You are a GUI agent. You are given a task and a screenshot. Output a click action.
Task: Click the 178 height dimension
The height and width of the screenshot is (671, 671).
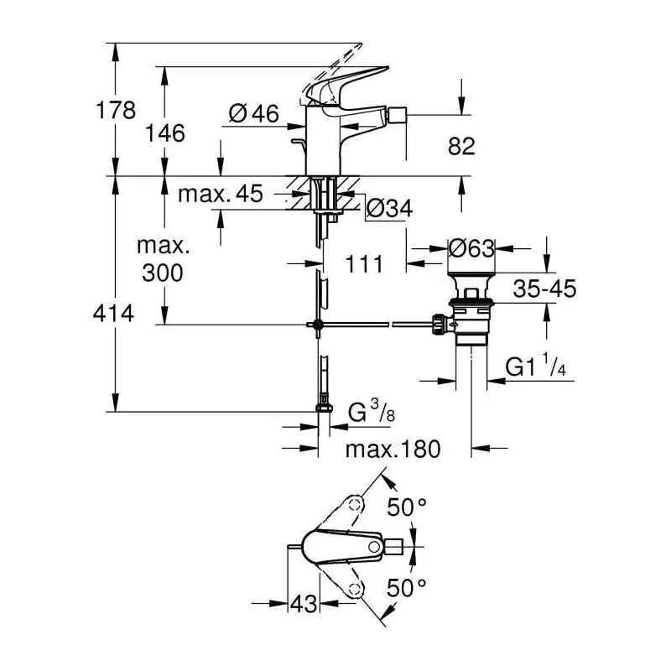point(116,110)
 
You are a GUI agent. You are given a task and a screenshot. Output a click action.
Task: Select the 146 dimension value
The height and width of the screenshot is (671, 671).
point(164,133)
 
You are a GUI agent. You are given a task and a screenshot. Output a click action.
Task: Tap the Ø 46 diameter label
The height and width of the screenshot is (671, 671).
point(253,114)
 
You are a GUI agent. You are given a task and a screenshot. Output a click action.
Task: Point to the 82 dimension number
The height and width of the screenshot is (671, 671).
point(461,146)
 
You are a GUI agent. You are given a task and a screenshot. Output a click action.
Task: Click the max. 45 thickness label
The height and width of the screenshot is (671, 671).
point(220,194)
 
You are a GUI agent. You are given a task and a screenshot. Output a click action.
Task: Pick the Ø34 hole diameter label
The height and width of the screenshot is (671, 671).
point(389,209)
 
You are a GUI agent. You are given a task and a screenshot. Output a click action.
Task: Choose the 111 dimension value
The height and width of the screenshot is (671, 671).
point(364,264)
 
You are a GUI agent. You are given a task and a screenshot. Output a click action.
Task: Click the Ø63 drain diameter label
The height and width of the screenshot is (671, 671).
point(471,248)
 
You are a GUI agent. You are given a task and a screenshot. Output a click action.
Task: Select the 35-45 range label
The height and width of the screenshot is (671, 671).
point(544,289)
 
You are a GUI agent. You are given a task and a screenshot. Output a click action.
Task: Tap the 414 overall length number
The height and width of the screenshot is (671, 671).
point(113,313)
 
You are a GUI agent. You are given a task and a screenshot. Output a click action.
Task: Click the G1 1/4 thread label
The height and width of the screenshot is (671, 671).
point(536,366)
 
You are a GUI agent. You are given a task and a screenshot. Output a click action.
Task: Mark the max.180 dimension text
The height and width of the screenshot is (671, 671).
point(393,450)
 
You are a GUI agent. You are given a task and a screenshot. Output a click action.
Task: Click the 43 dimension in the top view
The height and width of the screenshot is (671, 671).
point(304,604)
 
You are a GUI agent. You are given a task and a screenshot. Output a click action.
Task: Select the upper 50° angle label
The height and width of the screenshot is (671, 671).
point(407,507)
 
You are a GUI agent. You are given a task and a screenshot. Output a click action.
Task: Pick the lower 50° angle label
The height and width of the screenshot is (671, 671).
point(407,588)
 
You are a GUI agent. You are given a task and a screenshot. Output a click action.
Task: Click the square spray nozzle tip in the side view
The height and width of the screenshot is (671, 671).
point(396,115)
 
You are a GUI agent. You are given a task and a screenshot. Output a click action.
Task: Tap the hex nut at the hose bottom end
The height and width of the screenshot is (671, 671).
point(324,408)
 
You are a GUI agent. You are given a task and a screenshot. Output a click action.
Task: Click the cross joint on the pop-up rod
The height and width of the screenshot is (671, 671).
point(318,325)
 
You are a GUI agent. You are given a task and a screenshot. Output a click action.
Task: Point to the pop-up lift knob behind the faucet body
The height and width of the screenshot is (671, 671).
point(299,141)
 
